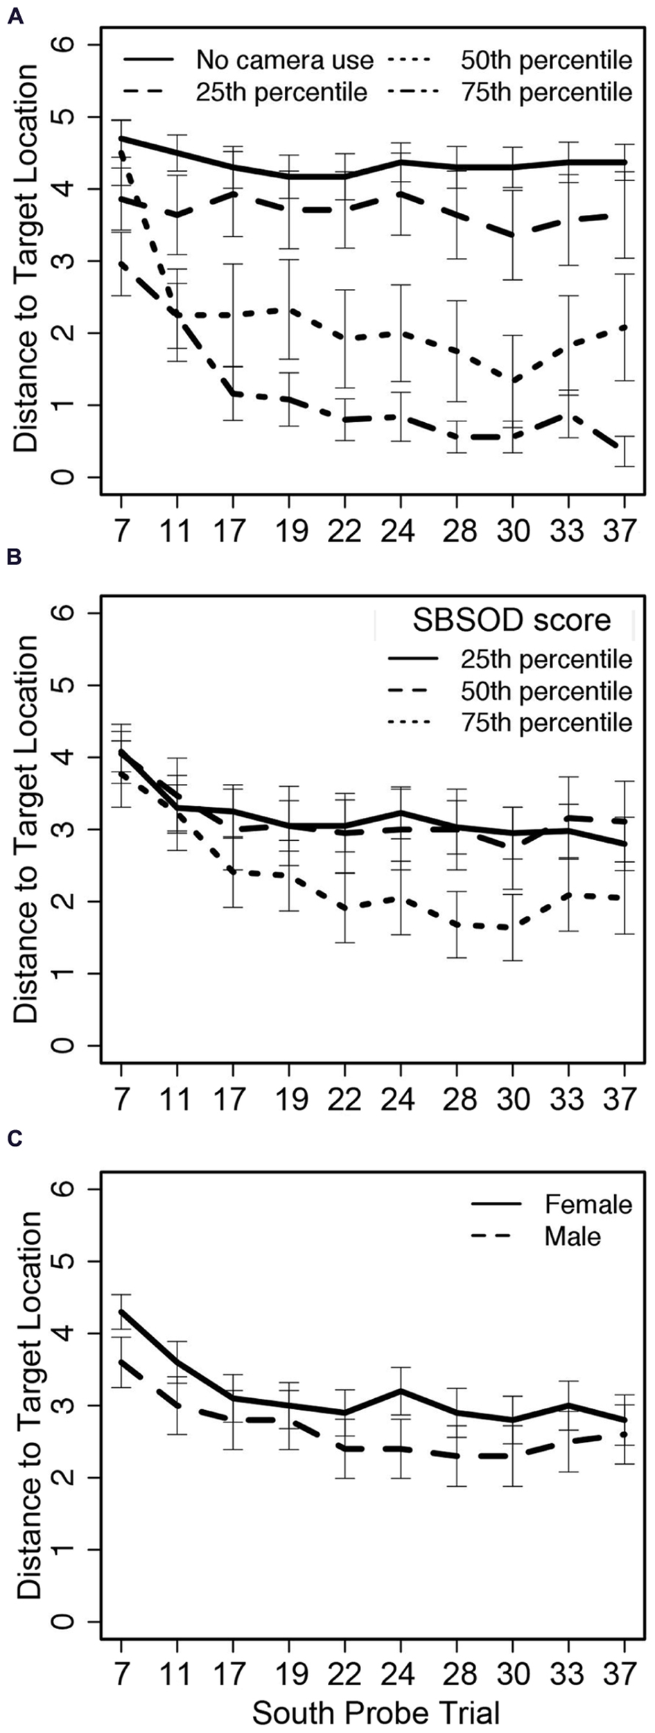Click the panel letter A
15,16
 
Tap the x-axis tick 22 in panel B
344,1100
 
